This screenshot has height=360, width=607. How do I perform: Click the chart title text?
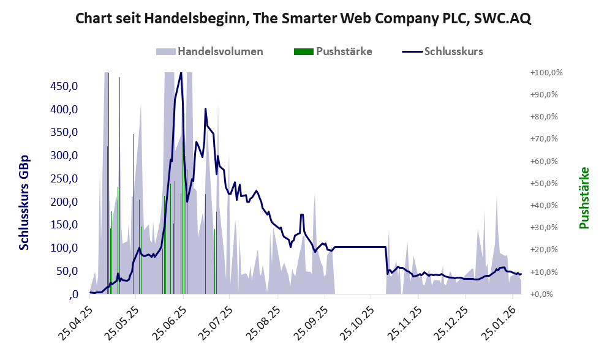[x=303, y=18]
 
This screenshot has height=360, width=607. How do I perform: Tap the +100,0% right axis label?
[x=546, y=72]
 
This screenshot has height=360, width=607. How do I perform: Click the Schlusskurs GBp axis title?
[x=25, y=202]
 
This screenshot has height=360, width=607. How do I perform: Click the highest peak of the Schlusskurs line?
[x=180, y=73]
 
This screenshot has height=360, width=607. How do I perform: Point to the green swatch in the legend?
[x=304, y=51]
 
